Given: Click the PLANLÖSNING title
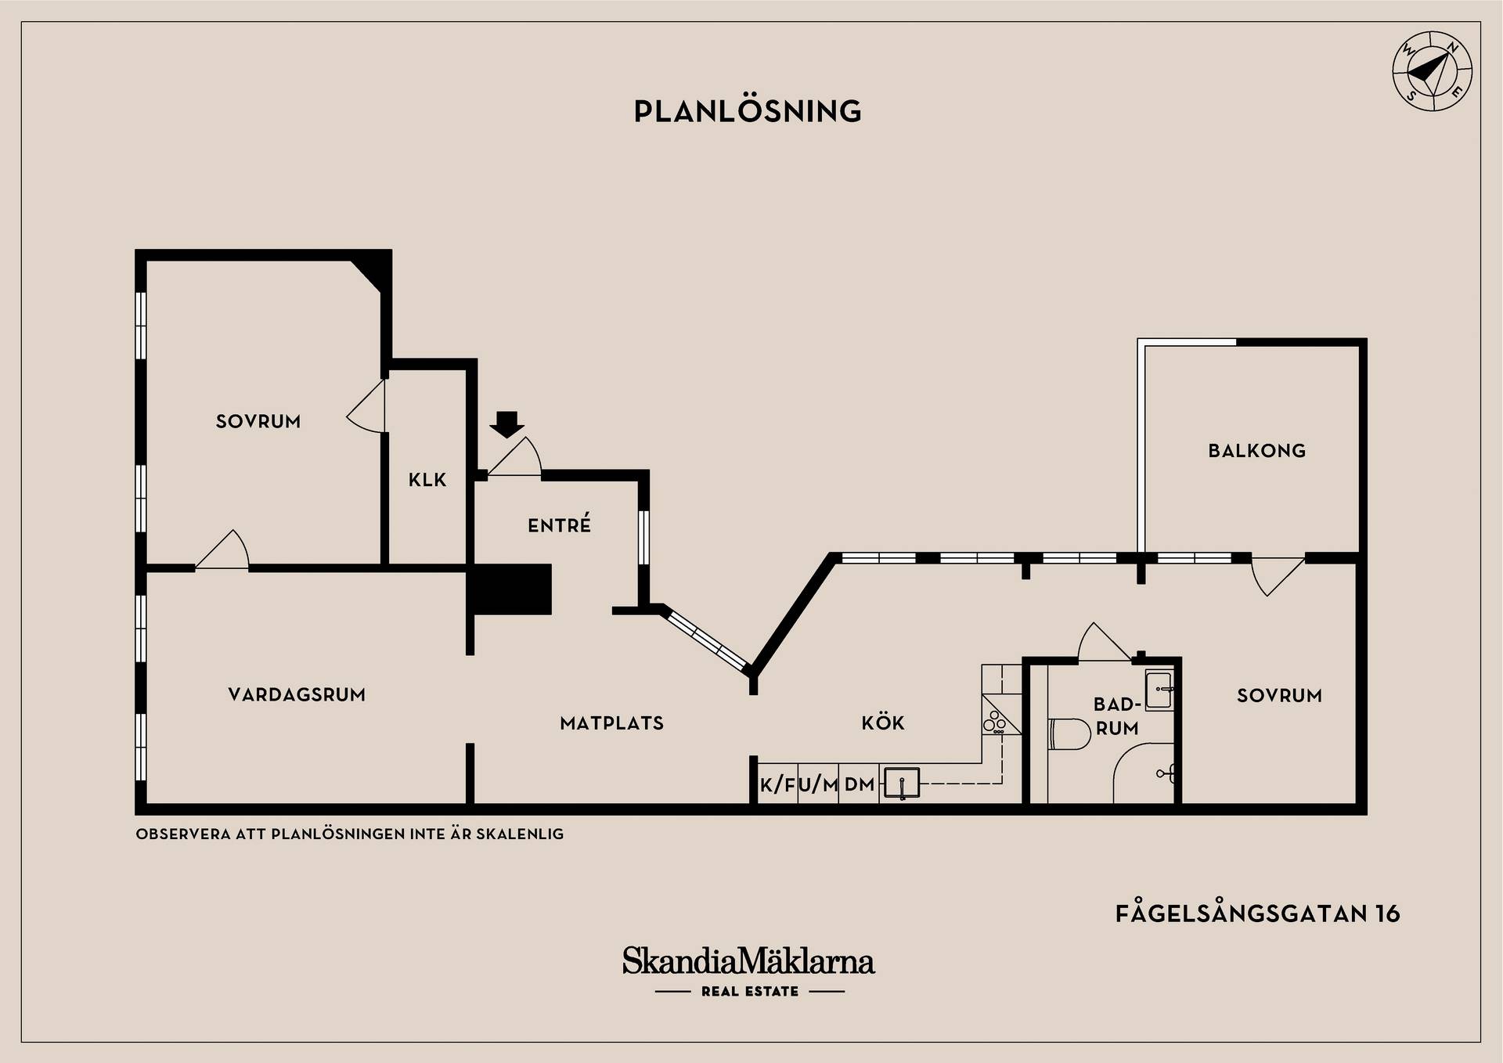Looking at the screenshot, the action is tap(748, 111).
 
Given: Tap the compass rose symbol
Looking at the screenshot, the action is tap(1432, 71).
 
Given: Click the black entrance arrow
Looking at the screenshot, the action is tap(507, 424).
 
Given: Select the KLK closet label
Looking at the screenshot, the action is tap(427, 480).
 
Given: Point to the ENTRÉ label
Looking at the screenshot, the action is tap(559, 524).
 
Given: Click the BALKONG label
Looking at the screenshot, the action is tap(1256, 451).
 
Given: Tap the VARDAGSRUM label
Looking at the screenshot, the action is tap(297, 694).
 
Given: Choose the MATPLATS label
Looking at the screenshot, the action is tap(611, 723).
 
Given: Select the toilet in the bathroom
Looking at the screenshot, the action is tap(1069, 733).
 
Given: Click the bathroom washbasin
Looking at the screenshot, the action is tap(1159, 690).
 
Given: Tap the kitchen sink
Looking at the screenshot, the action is tap(901, 783).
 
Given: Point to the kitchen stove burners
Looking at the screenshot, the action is tap(997, 721).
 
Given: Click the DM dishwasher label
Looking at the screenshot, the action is tap(860, 785).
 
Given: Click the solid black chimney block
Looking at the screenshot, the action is tap(510, 589).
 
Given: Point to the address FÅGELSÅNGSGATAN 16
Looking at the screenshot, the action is tap(1257, 913).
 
